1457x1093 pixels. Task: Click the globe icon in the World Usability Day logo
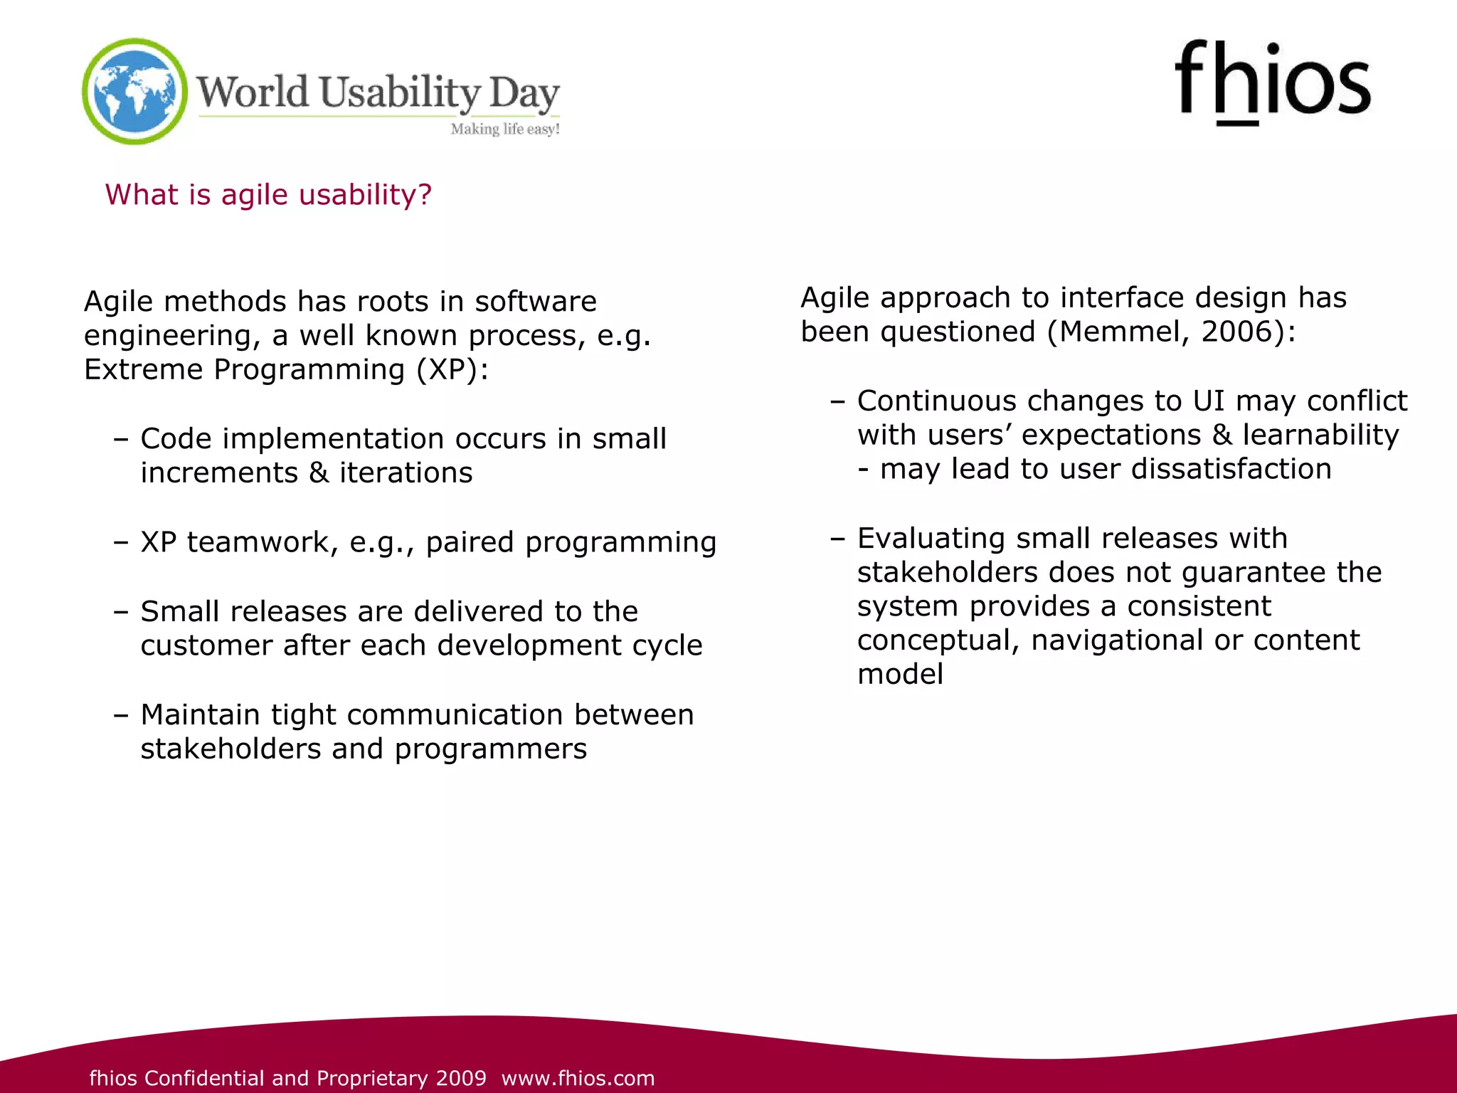pos(134,91)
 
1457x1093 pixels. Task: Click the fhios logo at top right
pos(1272,82)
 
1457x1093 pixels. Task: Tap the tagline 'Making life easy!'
pos(505,129)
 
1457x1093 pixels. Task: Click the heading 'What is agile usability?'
pos(268,194)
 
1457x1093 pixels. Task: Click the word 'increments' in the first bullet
pos(219,472)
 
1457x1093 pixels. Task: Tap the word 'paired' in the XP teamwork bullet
pos(470,542)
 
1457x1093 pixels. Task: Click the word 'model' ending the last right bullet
pos(900,674)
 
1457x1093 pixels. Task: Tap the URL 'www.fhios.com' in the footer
pos(578,1078)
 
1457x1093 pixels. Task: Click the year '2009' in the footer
pos(461,1078)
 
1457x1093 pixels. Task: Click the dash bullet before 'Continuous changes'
pos(837,401)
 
